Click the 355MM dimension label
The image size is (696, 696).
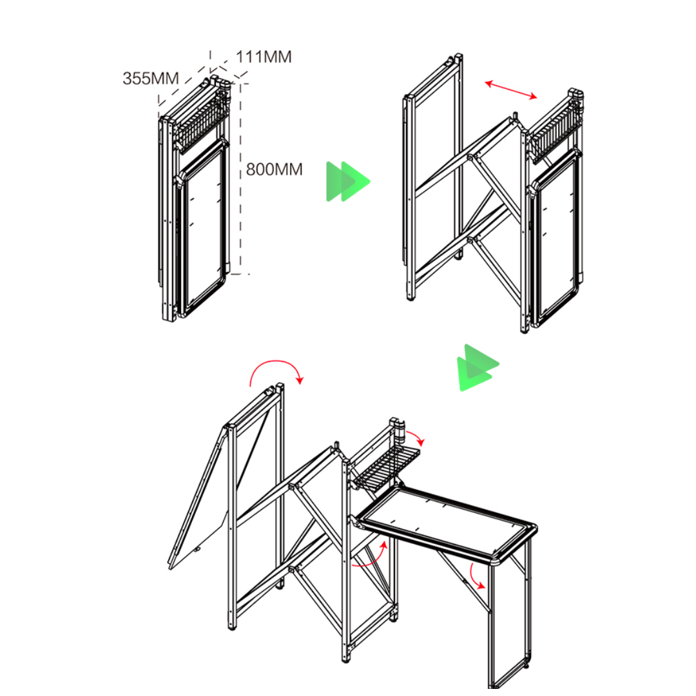(x=150, y=79)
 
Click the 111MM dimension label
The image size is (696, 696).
(x=264, y=57)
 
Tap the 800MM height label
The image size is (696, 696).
(x=274, y=169)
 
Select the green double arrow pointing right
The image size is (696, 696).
(x=347, y=182)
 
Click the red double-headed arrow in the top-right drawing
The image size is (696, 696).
(x=511, y=90)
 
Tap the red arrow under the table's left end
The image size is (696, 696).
(x=371, y=557)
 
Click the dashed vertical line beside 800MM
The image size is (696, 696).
(x=241, y=213)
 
